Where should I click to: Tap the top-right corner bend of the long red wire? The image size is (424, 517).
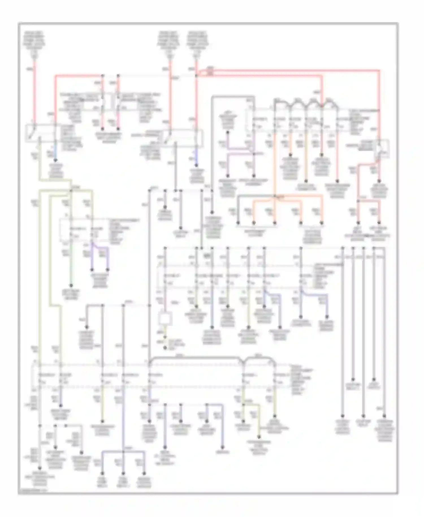pyautogui.click(x=379, y=70)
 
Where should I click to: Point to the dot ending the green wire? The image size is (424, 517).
pyautogui.click(x=71, y=286)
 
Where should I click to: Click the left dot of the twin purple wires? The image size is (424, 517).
pyautogui.click(x=92, y=270)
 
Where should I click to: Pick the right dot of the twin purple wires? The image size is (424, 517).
pyautogui.click(x=107, y=270)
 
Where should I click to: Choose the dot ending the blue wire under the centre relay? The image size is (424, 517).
pyautogui.click(x=196, y=165)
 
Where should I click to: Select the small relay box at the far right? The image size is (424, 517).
pyautogui.click(x=382, y=147)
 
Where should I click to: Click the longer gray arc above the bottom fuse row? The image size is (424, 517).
pyautogui.click(x=195, y=358)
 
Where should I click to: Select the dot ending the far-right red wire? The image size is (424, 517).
pyautogui.click(x=379, y=181)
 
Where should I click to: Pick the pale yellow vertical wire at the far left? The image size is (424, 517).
pyautogui.click(x=40, y=283)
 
